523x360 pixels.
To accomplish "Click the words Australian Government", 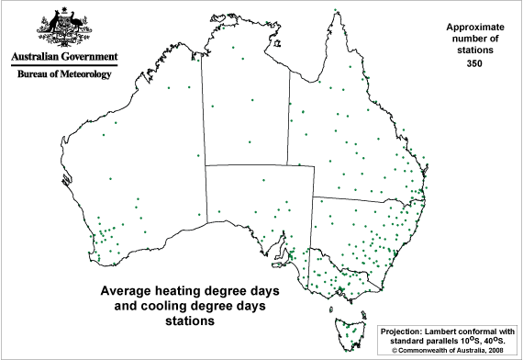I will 61,56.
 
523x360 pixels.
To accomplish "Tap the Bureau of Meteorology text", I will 61,73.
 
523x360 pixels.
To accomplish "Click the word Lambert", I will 451,330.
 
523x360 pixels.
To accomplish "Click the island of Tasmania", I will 350,329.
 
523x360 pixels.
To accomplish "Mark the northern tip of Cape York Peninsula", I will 337,12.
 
